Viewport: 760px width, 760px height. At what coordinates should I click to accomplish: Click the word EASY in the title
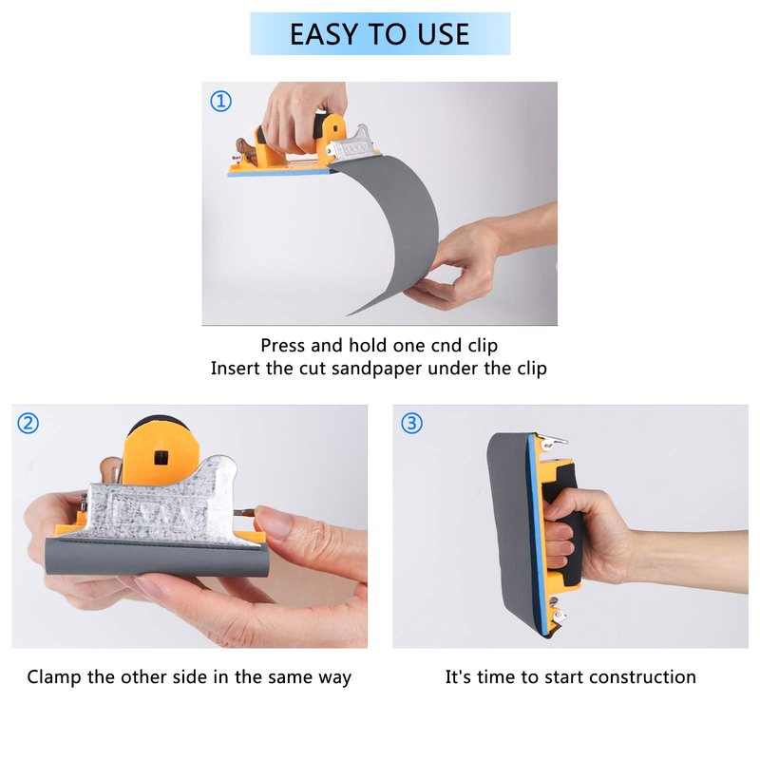click(325, 34)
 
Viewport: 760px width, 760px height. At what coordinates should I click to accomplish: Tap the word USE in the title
click(443, 34)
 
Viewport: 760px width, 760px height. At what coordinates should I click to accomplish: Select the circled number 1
click(220, 102)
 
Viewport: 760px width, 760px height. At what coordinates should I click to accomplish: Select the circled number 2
click(28, 423)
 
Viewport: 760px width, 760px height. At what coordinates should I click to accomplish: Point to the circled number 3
click(411, 423)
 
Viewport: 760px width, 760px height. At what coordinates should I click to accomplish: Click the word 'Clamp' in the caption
click(54, 677)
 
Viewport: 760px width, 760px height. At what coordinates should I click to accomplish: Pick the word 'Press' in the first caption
click(283, 346)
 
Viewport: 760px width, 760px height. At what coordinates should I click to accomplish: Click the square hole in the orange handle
click(161, 457)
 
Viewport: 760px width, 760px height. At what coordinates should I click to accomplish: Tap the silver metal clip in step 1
click(352, 143)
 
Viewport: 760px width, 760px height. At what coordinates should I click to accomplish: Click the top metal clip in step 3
click(553, 441)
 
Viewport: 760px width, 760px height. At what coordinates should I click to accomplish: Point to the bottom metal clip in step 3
click(557, 615)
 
